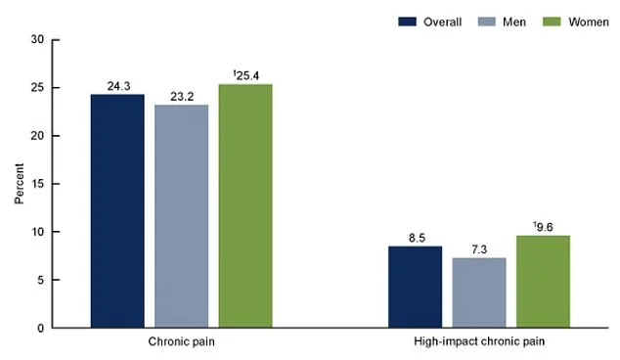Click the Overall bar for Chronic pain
117,211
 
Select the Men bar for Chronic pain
181,216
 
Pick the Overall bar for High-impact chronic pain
415,287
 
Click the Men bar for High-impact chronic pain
479,292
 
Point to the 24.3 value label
117,86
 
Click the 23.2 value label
181,96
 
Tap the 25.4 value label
246,75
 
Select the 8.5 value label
415,238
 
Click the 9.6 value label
545,227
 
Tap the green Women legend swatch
542,19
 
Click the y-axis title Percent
20,183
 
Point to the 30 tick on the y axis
37,40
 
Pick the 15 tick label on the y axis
37,184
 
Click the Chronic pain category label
181,343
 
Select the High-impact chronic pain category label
479,343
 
